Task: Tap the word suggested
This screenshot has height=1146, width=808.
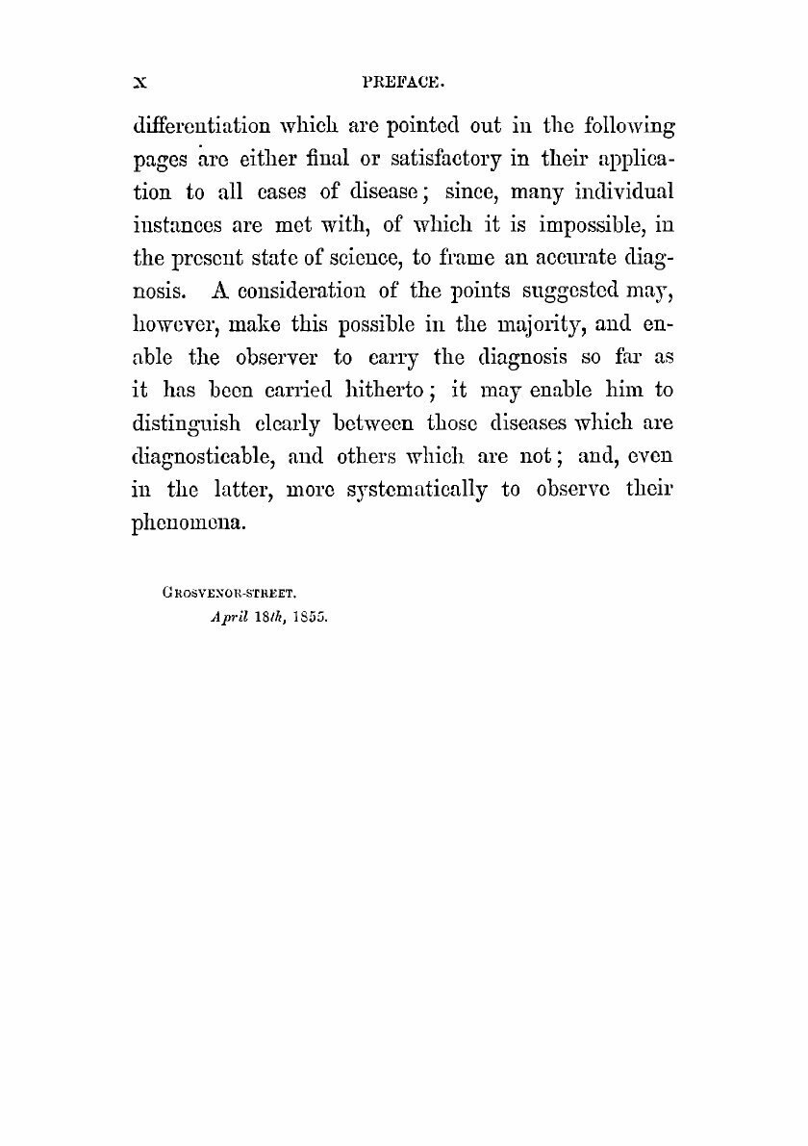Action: [x=545, y=312]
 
